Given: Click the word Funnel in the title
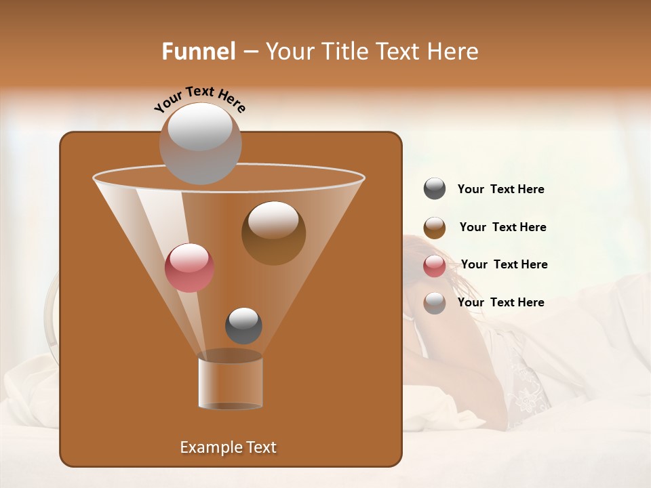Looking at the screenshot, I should point(199,52).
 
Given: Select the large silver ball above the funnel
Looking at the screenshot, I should point(200,143).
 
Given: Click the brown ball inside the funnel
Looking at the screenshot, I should point(274,234).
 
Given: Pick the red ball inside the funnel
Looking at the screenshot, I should point(190,268).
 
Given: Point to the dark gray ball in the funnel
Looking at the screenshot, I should point(243,325).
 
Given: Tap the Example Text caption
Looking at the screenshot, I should point(229,447).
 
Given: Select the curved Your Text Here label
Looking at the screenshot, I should point(199,98).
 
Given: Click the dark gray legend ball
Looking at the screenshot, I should point(435,189).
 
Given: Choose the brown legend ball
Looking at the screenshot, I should point(435,228).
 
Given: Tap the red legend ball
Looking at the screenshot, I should point(435,266).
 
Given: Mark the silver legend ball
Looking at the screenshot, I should point(435,303).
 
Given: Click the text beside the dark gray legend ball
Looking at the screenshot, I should point(500,190).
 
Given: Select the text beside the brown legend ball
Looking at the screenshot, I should point(502,228).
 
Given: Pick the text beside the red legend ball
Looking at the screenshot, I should point(504,265).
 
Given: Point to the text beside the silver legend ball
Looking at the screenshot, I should point(500,302).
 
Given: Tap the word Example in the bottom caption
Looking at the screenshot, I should point(207,447).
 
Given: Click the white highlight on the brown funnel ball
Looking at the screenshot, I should point(273,219).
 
